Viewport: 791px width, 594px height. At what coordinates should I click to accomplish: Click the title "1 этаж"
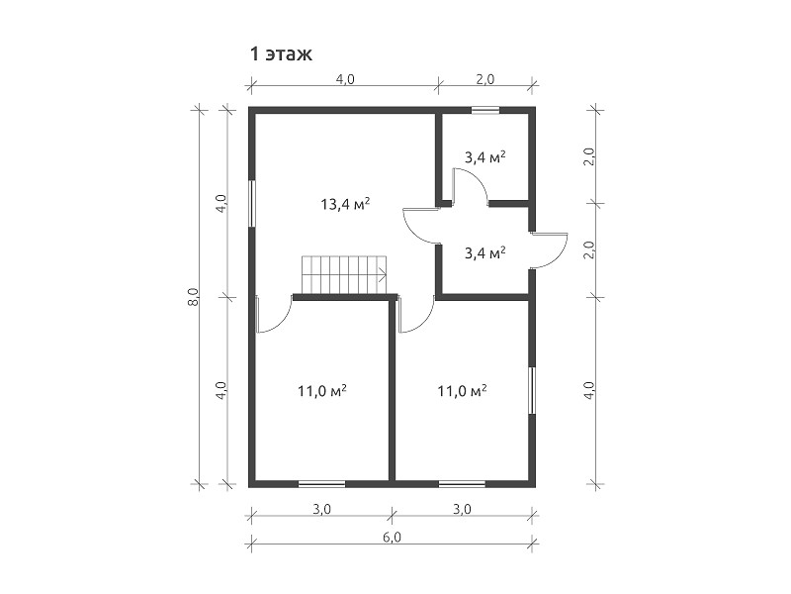(282, 53)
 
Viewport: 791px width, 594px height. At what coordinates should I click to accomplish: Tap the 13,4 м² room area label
(345, 204)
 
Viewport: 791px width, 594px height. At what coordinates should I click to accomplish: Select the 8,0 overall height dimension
(194, 296)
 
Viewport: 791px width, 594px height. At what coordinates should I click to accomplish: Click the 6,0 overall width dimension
(392, 538)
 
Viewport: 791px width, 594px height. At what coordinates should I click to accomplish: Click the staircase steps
(344, 275)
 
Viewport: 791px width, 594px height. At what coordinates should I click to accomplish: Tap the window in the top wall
(484, 109)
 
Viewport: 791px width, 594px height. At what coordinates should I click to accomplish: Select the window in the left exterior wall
(251, 204)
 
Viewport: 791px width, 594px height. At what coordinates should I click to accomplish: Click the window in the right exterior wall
(532, 391)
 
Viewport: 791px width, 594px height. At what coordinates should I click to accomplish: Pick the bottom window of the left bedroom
(322, 484)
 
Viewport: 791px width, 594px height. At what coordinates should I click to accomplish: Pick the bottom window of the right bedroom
(462, 484)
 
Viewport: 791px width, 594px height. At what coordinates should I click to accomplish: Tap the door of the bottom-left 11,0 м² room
(274, 315)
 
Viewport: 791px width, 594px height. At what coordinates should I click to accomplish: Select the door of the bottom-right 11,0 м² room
(416, 315)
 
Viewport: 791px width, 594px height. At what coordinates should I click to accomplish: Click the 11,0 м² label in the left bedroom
(322, 391)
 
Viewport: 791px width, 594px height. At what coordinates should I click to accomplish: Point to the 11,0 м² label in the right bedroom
(462, 391)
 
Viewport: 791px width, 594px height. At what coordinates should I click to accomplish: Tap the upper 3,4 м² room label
(484, 157)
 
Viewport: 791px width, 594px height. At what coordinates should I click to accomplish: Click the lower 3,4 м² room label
(484, 252)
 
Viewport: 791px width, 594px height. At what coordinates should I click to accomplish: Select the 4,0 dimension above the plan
(344, 79)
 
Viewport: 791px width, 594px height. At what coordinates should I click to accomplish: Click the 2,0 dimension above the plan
(484, 79)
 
